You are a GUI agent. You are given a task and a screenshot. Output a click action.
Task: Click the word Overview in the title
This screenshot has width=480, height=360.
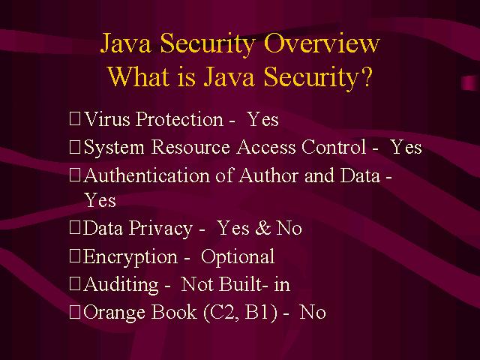[x=322, y=43]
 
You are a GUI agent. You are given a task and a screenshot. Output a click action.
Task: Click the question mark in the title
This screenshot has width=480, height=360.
[x=366, y=76]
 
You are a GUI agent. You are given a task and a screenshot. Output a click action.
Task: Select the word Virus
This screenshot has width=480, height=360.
[x=107, y=118]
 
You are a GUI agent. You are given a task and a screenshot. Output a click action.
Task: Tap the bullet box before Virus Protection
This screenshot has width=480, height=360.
[x=75, y=118]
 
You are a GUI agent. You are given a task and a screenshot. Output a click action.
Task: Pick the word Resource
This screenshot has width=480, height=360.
[x=190, y=147]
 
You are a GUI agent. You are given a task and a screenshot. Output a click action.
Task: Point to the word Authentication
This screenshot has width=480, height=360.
[x=147, y=175]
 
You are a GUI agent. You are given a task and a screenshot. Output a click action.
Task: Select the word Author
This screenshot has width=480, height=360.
[x=268, y=175]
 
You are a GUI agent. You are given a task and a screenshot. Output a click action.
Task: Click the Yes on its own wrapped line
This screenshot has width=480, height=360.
[x=100, y=200]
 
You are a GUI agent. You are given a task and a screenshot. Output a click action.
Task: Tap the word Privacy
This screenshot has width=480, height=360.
[x=160, y=229]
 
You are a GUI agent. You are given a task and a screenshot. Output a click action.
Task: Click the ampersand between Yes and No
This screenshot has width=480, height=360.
[x=263, y=228]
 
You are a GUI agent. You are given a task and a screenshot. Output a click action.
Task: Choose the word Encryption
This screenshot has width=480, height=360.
[x=130, y=256]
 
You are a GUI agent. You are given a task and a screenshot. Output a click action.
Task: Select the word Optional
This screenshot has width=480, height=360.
[x=238, y=256]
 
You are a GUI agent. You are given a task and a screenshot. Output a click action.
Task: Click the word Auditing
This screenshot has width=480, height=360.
[x=121, y=285]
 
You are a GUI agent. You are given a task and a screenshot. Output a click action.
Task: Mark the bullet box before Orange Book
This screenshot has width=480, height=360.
[x=75, y=312]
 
